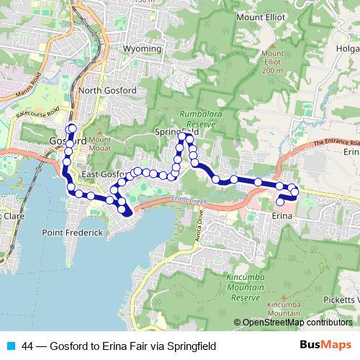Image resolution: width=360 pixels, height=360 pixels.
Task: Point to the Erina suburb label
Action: [285, 215]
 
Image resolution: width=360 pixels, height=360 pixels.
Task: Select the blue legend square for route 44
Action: [11, 346]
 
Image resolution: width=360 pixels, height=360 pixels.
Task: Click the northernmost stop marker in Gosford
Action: [72, 128]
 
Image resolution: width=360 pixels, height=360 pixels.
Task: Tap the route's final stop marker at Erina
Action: [281, 202]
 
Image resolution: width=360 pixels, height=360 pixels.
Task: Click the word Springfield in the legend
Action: [191, 346]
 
